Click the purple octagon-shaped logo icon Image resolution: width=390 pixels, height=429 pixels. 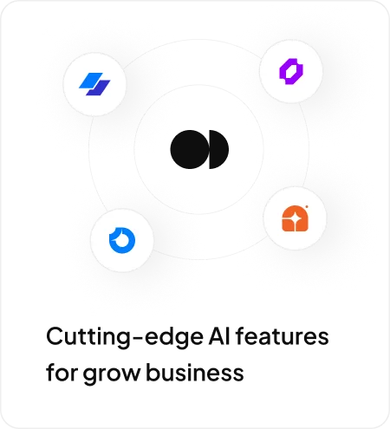291,71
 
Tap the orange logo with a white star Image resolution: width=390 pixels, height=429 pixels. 295,218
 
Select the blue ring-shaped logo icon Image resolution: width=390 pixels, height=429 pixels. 122,240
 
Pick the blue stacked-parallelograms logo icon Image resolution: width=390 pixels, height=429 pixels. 94,84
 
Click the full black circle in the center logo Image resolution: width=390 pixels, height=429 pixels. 189,149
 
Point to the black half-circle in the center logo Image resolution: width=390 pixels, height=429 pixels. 218,149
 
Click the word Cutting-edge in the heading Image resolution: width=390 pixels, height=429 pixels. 125,337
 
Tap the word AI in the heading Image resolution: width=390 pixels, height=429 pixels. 219,336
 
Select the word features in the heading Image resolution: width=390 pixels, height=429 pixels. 283,336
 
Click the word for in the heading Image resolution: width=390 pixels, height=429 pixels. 62,372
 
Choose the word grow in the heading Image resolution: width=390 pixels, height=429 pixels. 112,374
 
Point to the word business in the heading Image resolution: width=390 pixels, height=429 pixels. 195,372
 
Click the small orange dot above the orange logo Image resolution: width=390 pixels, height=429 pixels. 306,206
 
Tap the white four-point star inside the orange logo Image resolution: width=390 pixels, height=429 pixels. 295,220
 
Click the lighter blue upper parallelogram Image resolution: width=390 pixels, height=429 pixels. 91,80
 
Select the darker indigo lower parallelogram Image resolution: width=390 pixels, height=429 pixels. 98,88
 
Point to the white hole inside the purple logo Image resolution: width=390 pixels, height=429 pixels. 291,71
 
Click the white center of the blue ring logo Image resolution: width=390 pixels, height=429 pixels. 122,240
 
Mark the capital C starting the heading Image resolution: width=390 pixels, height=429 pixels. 55,336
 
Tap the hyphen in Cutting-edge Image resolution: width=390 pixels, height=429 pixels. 139,338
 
